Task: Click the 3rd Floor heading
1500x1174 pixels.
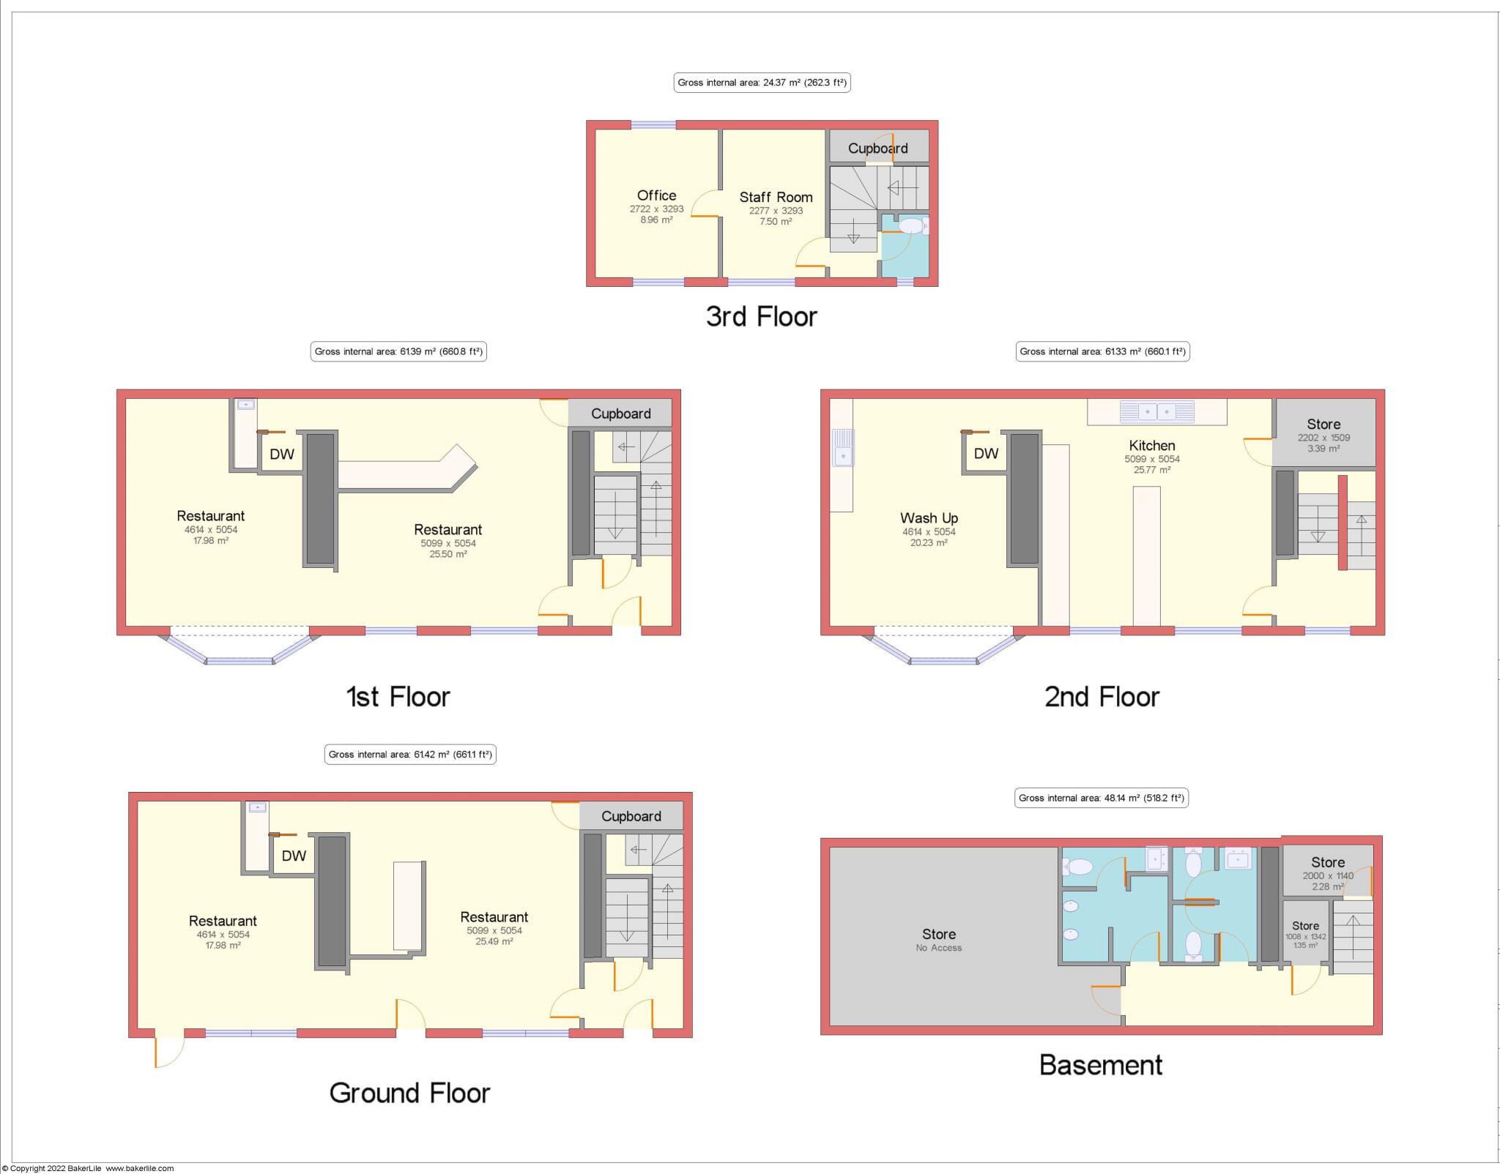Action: coord(761,316)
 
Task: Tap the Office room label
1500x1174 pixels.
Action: coord(656,195)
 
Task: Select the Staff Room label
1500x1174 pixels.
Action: coord(776,197)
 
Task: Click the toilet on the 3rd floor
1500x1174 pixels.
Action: coord(910,226)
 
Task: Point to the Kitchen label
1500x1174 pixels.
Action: coord(1151,445)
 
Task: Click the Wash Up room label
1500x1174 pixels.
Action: coord(929,518)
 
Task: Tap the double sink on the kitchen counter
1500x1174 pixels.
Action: coord(1156,411)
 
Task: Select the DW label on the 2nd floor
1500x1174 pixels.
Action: coord(986,453)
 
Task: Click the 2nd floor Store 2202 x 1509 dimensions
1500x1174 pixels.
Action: coord(1323,438)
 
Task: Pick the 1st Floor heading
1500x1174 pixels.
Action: coord(398,697)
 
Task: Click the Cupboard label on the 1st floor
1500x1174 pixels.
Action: coord(620,414)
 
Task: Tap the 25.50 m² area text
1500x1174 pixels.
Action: coord(448,554)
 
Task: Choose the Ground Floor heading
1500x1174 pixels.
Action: coord(409,1093)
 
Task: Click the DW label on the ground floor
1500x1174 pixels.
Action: coord(294,856)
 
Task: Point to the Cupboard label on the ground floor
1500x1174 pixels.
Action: coord(631,816)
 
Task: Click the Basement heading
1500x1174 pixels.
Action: coord(1100,1065)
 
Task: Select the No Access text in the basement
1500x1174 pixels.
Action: coord(938,948)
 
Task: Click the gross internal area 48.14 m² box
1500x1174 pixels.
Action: coord(1101,798)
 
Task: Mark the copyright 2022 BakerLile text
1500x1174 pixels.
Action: coord(88,1169)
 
